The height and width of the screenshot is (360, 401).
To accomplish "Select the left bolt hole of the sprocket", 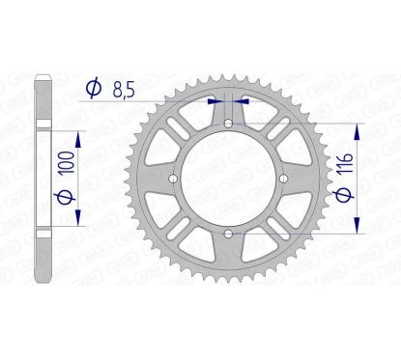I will tap(172, 180).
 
